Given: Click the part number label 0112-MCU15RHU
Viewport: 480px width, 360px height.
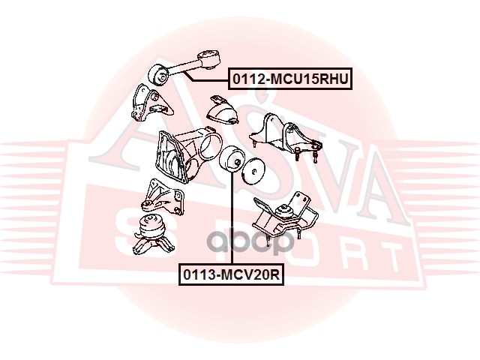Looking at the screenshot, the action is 290,79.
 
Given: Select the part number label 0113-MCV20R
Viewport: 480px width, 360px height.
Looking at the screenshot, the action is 232,274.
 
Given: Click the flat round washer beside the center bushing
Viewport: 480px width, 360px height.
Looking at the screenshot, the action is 253,171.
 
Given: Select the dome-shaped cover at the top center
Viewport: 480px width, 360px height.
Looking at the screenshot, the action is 223,111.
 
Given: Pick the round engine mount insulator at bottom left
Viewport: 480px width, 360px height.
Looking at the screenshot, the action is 151,235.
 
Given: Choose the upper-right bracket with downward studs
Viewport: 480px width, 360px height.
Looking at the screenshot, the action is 285,136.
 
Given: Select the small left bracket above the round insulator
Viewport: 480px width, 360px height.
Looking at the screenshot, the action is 163,196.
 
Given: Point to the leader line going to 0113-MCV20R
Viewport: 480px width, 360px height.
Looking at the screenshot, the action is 232,218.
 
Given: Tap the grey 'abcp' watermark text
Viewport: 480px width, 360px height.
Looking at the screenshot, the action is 251,241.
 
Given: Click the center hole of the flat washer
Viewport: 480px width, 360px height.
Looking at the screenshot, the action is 253,172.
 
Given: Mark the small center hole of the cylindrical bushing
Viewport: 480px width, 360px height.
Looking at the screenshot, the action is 237,162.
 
